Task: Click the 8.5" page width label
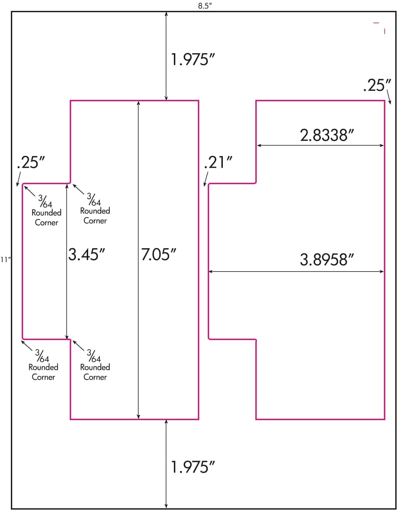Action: tap(204, 6)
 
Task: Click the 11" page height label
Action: tap(5, 260)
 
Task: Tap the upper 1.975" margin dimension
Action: tap(193, 60)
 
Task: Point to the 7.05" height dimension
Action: tap(159, 254)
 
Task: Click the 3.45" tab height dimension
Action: tap(87, 254)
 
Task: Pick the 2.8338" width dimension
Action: tap(327, 135)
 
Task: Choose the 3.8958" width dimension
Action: tap(327, 260)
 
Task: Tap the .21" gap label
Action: tap(218, 162)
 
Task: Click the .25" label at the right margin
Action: tap(377, 85)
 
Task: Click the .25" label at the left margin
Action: tap(31, 162)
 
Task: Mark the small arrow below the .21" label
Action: tap(206, 179)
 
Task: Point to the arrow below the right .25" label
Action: tap(389, 98)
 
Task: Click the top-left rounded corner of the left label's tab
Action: tap(24, 185)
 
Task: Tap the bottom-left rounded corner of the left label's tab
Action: tap(24, 338)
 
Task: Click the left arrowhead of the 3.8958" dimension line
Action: tap(211, 272)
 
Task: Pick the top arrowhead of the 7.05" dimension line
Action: tap(138, 103)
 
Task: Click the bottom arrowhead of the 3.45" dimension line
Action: tap(67, 336)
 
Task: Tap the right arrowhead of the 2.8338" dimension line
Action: tap(382, 145)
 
